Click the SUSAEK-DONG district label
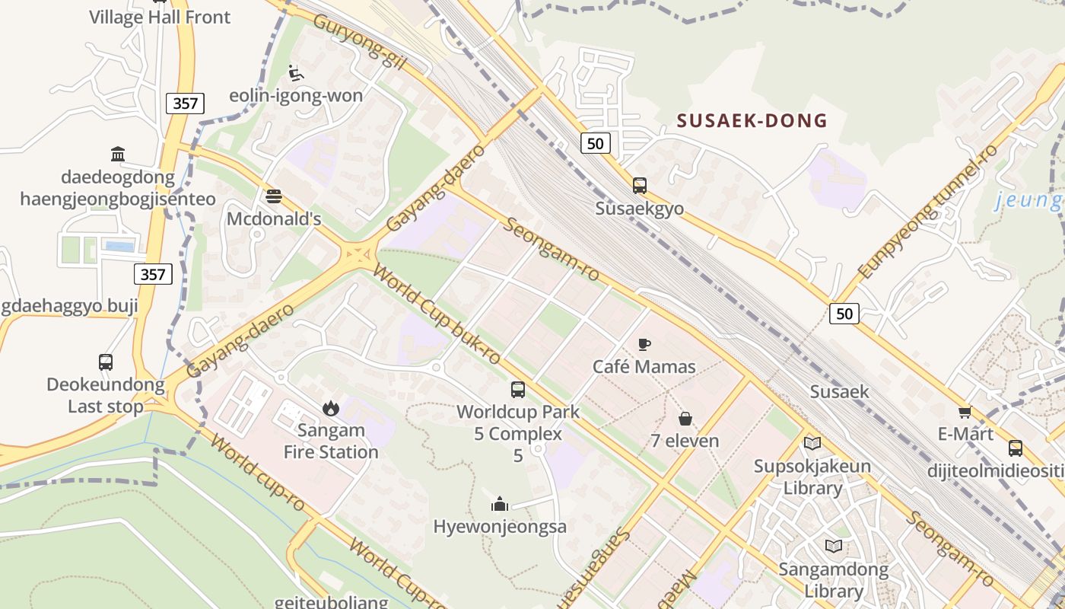(752, 120)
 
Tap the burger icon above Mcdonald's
(274, 196)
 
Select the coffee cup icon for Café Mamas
(644, 344)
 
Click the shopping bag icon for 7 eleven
(685, 418)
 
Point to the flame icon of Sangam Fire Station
(330, 408)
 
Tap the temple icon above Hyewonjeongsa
(500, 503)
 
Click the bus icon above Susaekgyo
(639, 185)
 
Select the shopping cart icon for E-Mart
(965, 412)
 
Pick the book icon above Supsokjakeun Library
(812, 443)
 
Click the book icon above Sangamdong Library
(834, 546)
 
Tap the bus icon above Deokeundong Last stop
(106, 362)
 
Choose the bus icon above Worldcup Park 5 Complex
(517, 390)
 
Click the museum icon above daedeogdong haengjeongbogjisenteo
(118, 155)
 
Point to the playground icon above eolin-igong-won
(296, 73)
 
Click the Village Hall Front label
(160, 17)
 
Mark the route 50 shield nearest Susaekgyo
(596, 142)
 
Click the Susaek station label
(839, 391)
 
